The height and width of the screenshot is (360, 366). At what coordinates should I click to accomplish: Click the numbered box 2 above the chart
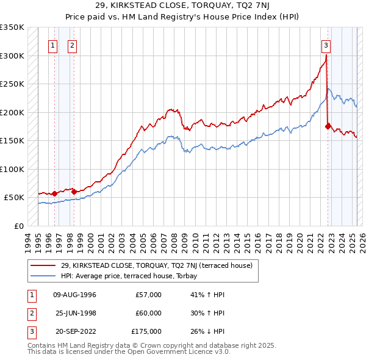click(x=72, y=45)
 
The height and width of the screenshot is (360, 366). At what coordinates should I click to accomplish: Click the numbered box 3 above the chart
click(x=326, y=45)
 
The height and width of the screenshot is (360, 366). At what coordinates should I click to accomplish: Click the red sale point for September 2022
click(x=328, y=126)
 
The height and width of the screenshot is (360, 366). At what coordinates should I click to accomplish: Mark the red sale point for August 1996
click(x=54, y=193)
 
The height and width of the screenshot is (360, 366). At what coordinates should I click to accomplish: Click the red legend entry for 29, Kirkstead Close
click(x=160, y=265)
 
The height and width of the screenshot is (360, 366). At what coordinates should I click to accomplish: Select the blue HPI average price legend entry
click(x=142, y=276)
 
